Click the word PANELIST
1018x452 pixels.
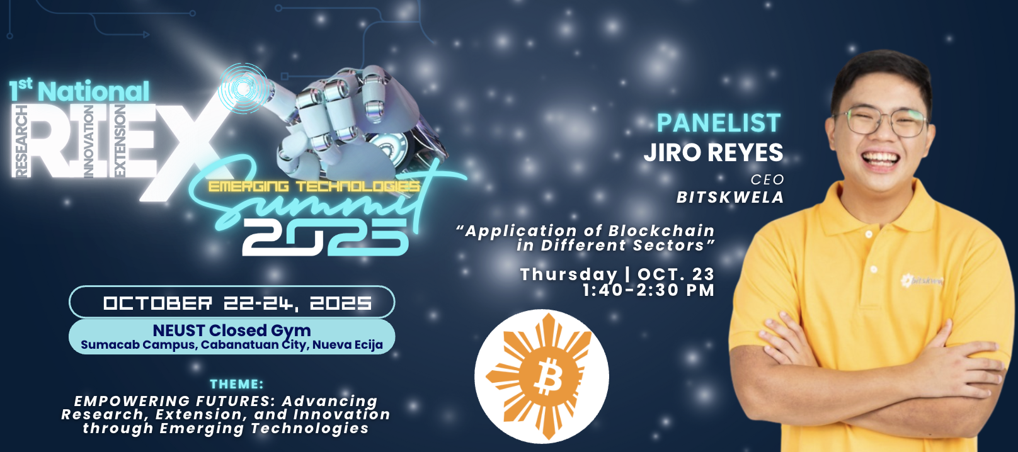pyautogui.click(x=719, y=123)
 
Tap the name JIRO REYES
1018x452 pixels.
pyautogui.click(x=714, y=152)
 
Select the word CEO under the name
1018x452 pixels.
pyautogui.click(x=767, y=180)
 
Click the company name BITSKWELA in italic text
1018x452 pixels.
pyautogui.click(x=730, y=197)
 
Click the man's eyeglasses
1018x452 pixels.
pyautogui.click(x=879, y=121)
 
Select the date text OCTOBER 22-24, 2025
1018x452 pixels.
pyautogui.click(x=237, y=303)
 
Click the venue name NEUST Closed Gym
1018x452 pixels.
pyautogui.click(x=232, y=331)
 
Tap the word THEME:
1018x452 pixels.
pyautogui.click(x=237, y=384)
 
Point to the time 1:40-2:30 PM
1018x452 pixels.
pyautogui.click(x=648, y=290)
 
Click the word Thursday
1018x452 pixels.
pyautogui.click(x=569, y=274)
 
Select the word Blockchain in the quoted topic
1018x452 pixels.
pyautogui.click(x=661, y=231)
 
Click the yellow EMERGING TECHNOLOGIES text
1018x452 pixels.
pyautogui.click(x=314, y=186)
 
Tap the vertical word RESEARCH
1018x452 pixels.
pyautogui.click(x=21, y=141)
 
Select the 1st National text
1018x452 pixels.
pyautogui.click(x=79, y=90)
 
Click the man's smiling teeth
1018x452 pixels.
pyautogui.click(x=881, y=159)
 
